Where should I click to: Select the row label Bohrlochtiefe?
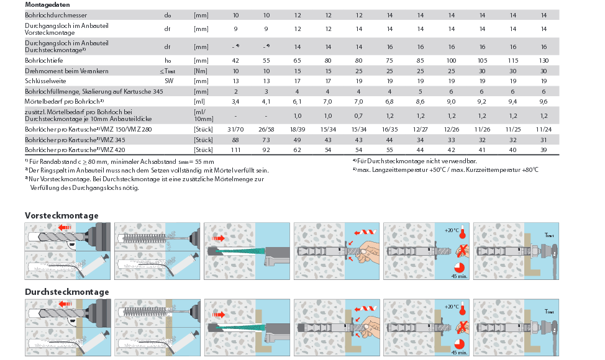tap(45, 60)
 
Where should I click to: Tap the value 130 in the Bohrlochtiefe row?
tap(544, 60)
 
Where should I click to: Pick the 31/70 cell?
tap(235, 128)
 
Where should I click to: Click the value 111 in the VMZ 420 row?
tap(235, 150)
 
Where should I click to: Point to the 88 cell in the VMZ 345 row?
tap(235, 139)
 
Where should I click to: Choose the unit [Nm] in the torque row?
tap(201, 71)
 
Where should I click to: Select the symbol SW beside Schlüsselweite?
tap(168, 81)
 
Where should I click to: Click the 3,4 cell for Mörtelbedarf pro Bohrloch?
tap(235, 101)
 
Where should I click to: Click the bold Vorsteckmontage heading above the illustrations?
tap(61, 215)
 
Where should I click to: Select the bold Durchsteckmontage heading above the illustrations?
tap(67, 292)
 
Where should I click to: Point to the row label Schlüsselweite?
tap(46, 81)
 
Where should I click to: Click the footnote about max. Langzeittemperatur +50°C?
tap(445, 169)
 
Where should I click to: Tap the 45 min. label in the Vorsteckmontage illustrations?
tap(460, 277)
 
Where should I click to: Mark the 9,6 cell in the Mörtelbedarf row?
tap(544, 101)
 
